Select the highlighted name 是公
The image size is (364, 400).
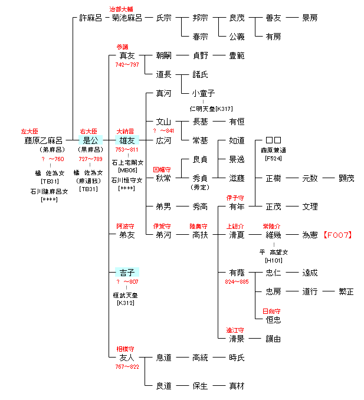[x=90, y=140]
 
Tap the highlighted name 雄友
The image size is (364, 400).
[x=127, y=140]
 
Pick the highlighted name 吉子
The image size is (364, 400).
[x=127, y=272]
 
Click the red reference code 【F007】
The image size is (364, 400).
[x=337, y=235]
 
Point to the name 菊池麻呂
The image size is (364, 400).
[x=127, y=18]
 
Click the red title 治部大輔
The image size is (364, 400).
[x=122, y=9]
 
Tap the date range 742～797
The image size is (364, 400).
[x=127, y=64]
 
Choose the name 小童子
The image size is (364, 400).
[x=204, y=93]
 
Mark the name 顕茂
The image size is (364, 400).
[x=346, y=178]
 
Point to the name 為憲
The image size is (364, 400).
[x=310, y=235]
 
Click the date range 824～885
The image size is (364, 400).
[x=237, y=281]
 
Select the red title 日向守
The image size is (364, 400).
[x=271, y=311]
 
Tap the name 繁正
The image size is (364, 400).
[x=346, y=291]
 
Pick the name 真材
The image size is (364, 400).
[x=237, y=386]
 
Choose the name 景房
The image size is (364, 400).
[x=310, y=18]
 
